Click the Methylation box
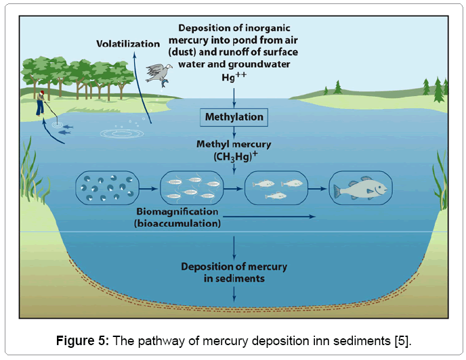[x=234, y=117]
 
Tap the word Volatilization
[x=128, y=44]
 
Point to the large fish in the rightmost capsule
[x=360, y=187]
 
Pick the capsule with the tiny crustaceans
[x=191, y=187]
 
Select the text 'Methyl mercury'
[x=234, y=144]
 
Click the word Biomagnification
[x=175, y=212]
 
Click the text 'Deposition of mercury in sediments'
[x=234, y=272]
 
